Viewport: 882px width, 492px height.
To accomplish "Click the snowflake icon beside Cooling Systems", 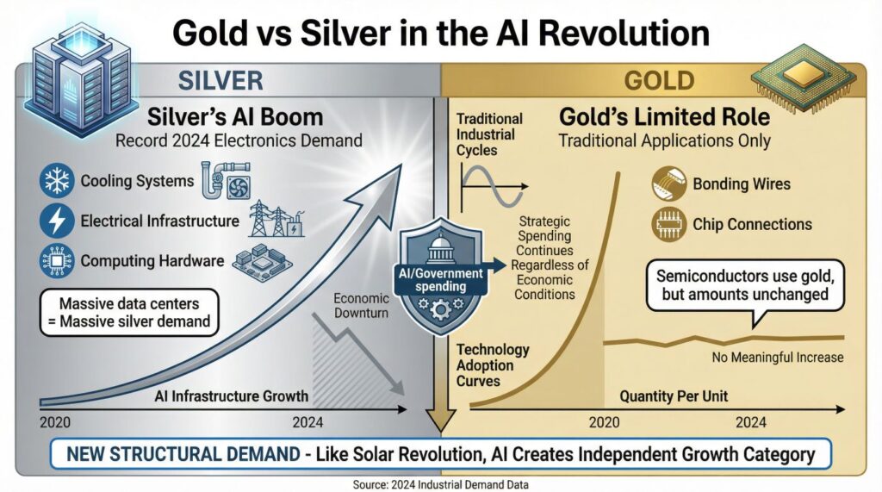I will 58,182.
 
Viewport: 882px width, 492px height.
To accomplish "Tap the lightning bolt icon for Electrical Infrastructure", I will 58,221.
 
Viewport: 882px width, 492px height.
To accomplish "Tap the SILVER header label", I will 220,81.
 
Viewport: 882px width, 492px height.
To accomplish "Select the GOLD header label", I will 661,81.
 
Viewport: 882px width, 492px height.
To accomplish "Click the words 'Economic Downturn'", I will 362,304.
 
